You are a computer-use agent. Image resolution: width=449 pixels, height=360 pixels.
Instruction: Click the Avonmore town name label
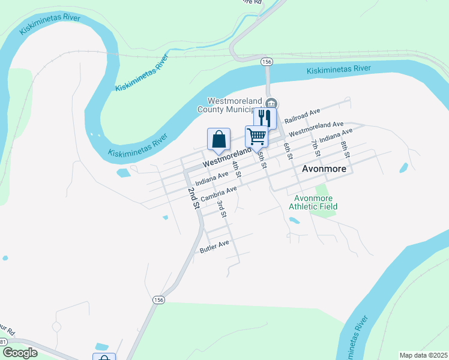click(324, 169)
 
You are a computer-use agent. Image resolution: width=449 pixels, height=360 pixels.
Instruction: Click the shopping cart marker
click(256, 136)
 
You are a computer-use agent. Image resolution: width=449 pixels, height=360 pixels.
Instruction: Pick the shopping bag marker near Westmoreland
click(219, 139)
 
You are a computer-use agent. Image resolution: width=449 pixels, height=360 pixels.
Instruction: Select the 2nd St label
click(193, 198)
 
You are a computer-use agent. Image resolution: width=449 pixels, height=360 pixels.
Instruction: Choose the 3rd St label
click(222, 209)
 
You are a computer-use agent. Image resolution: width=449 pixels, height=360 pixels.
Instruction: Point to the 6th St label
click(288, 151)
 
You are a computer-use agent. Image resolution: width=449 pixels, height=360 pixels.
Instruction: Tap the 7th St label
click(315, 147)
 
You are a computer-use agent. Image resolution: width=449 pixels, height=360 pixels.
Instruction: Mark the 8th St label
click(345, 147)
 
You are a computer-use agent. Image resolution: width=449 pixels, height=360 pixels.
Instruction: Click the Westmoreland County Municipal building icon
click(271, 103)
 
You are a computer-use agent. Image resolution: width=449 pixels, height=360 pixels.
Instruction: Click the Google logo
click(20, 353)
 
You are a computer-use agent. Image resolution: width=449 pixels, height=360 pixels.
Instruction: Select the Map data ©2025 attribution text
click(423, 355)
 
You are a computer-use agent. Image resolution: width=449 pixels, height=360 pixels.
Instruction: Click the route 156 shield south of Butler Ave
click(158, 300)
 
